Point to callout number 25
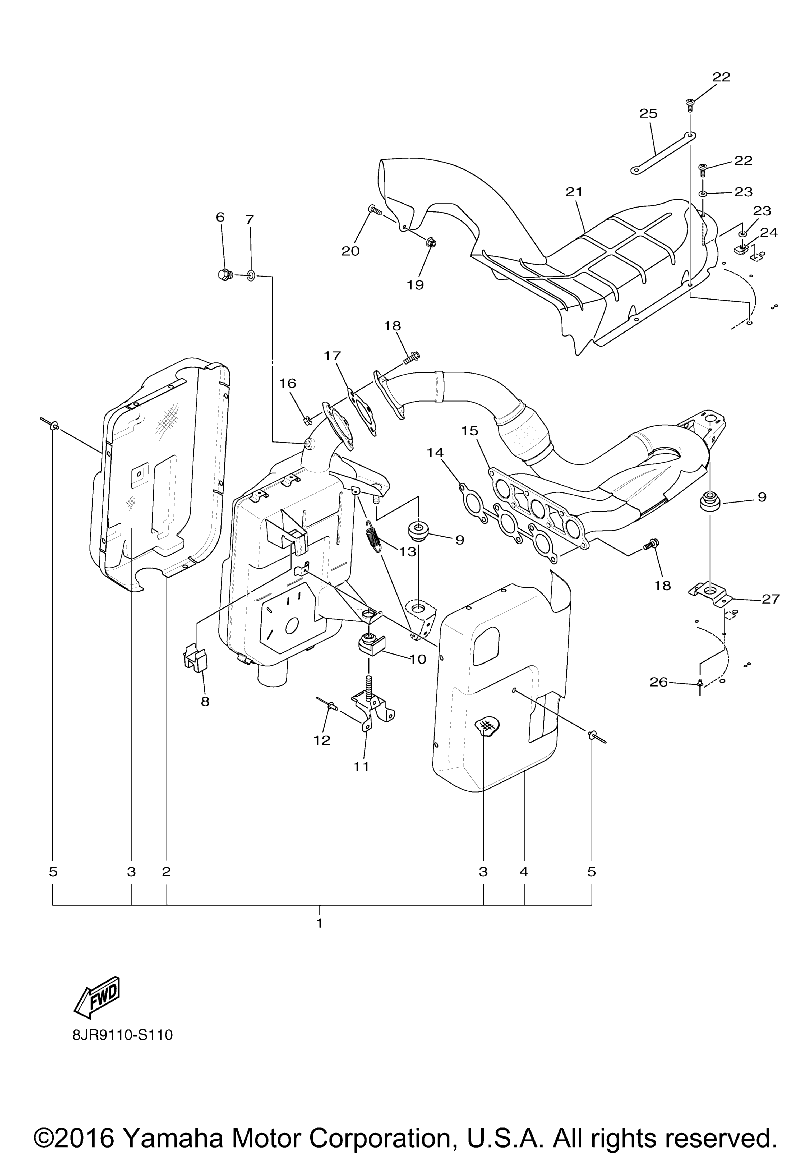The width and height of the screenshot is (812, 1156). pos(648,114)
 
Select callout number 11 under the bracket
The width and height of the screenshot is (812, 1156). pos(361,766)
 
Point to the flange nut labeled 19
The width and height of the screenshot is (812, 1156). pos(431,243)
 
